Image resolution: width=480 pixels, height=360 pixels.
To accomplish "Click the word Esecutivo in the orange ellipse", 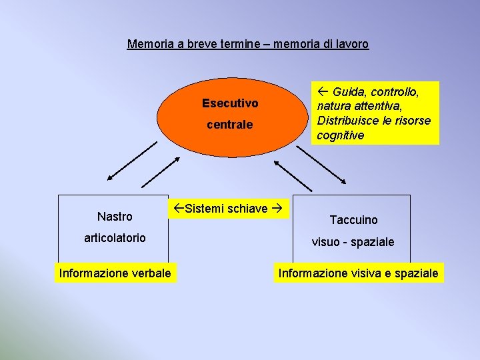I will pyautogui.click(x=230, y=103).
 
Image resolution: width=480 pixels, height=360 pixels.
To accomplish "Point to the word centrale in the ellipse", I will pyautogui.click(x=230, y=125).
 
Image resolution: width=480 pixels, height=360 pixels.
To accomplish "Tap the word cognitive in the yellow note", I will pyautogui.click(x=341, y=135).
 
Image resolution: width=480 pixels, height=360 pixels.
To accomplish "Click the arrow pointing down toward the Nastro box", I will pyautogui.click(x=131, y=160).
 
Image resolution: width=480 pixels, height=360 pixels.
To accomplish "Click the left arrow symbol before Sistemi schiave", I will pyautogui.click(x=178, y=209).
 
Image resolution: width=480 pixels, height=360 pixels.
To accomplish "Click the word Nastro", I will pyautogui.click(x=115, y=217).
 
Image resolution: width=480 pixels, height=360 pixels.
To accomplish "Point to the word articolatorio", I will pyautogui.click(x=115, y=238).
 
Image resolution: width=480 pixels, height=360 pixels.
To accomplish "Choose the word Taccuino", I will pyautogui.click(x=353, y=220).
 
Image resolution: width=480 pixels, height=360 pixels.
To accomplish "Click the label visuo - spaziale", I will pyautogui.click(x=353, y=242).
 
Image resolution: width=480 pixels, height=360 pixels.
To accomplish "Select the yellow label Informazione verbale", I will pyautogui.click(x=115, y=273).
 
